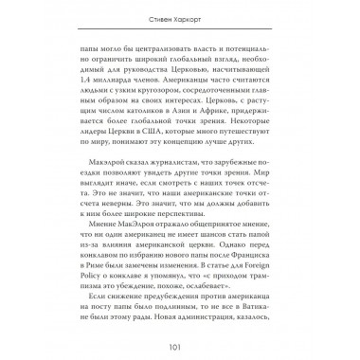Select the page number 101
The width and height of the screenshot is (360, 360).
180,347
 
